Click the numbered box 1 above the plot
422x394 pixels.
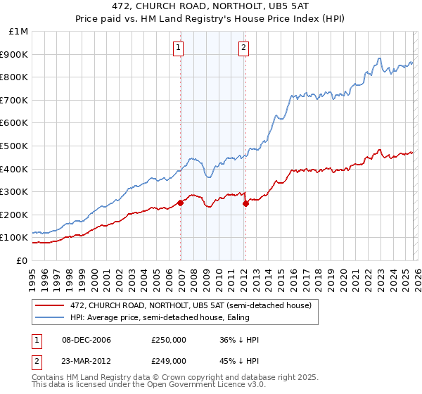(178, 48)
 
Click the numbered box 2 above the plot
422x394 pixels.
(243, 48)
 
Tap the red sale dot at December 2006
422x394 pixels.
(181, 203)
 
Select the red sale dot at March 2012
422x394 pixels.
(245, 203)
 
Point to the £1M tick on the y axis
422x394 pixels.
(18, 32)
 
